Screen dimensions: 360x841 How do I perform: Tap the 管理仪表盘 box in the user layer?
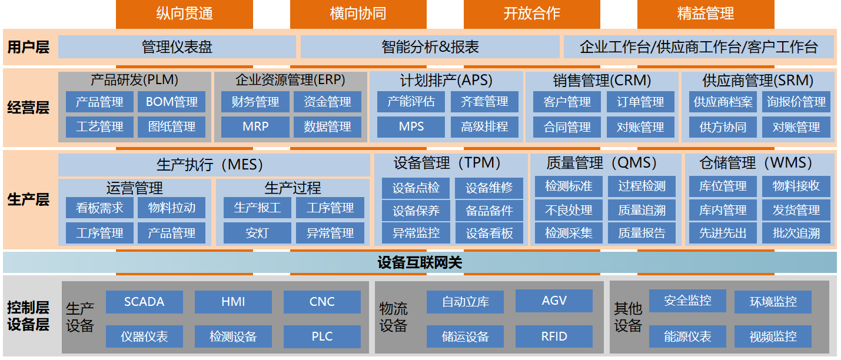pyautogui.click(x=177, y=47)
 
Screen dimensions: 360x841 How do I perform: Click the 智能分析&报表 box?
pyautogui.click(x=430, y=47)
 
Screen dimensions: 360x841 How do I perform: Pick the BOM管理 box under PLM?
pyautogui.click(x=172, y=102)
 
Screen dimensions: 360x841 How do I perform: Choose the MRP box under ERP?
pyautogui.click(x=255, y=126)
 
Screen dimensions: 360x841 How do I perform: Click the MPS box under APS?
pyautogui.click(x=411, y=126)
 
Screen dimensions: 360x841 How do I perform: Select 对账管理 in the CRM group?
pyautogui.click(x=640, y=127)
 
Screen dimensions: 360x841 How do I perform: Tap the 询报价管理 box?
pyautogui.click(x=796, y=102)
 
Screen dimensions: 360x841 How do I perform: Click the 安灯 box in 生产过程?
pyautogui.click(x=257, y=233)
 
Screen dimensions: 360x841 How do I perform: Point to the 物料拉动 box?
pyautogui.click(x=172, y=208)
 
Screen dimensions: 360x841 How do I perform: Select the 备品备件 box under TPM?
pyautogui.click(x=489, y=211)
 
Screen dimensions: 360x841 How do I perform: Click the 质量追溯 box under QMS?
pyautogui.click(x=641, y=210)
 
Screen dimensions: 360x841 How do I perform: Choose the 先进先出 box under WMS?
pyautogui.click(x=723, y=233)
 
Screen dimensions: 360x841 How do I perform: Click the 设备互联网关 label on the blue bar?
pyautogui.click(x=420, y=262)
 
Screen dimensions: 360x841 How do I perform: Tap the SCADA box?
pyautogui.click(x=144, y=302)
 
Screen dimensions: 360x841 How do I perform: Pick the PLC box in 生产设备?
pyautogui.click(x=322, y=336)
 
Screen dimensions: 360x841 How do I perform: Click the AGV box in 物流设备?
pyautogui.click(x=554, y=301)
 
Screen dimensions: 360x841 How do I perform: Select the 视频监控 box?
pyautogui.click(x=773, y=336)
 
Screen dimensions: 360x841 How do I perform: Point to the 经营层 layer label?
pyautogui.click(x=28, y=108)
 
